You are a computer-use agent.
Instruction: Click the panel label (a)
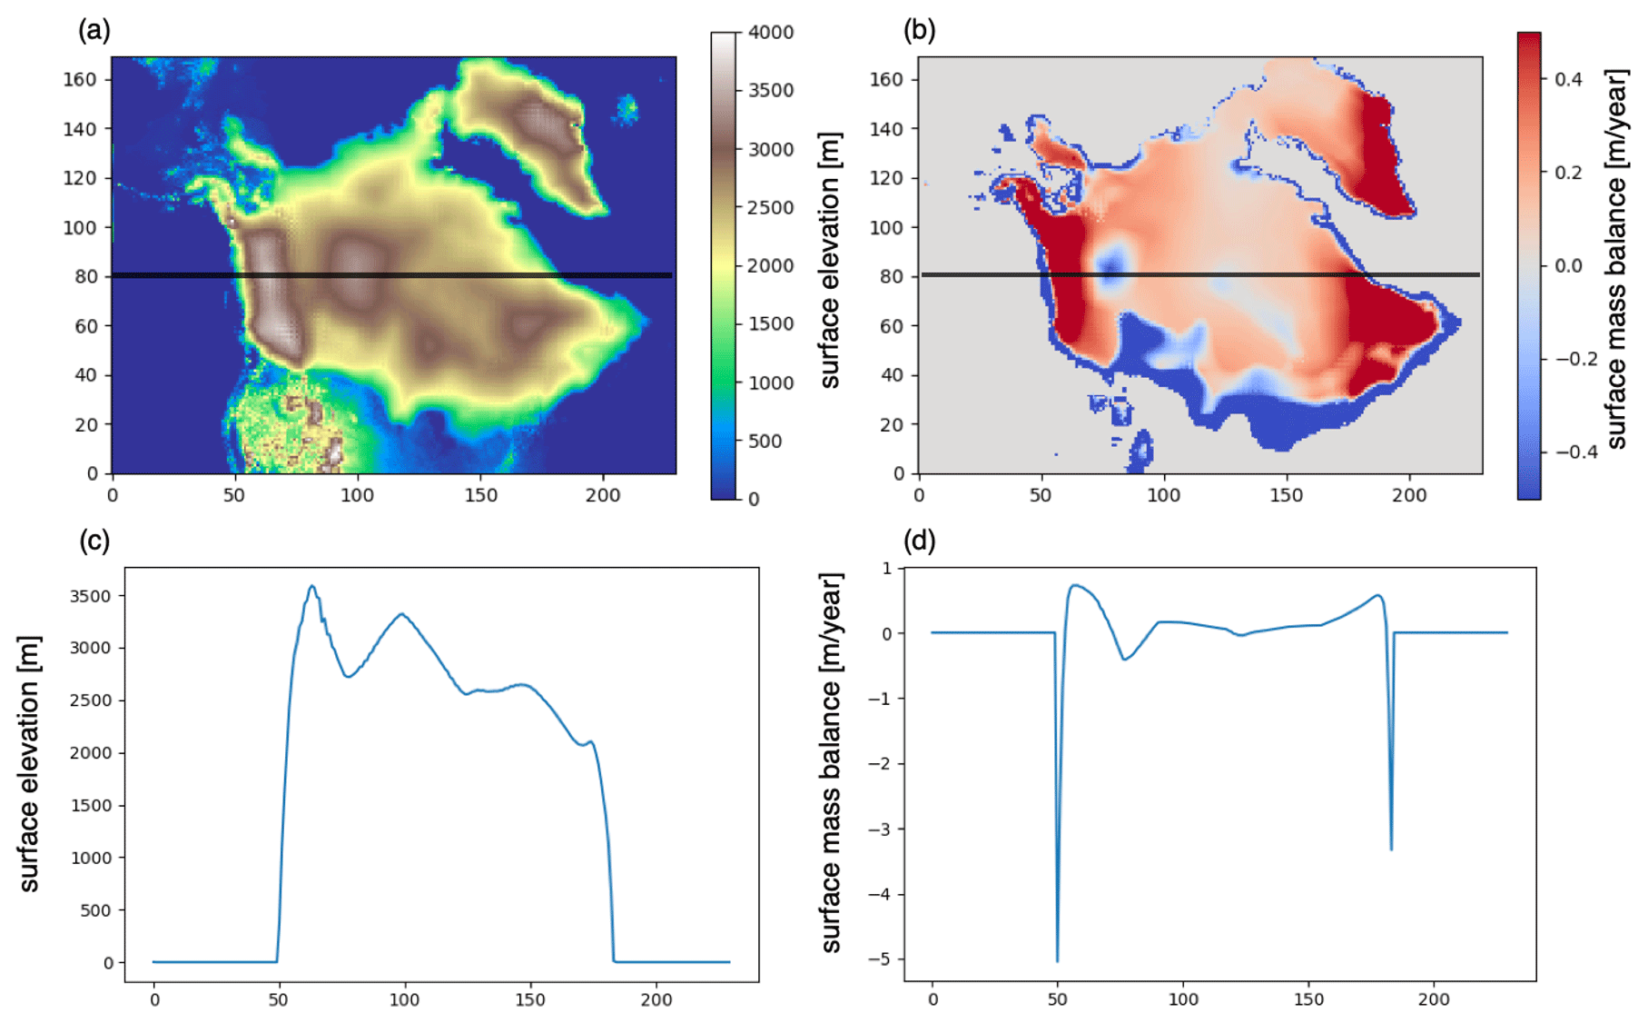click(94, 31)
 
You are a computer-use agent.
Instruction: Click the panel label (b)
click(919, 31)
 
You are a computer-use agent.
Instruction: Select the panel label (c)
click(94, 541)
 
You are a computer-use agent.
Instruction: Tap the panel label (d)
click(919, 541)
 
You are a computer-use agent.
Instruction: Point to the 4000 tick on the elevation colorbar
click(770, 33)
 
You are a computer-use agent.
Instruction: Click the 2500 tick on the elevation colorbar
click(770, 207)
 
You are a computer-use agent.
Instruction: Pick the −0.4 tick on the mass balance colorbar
click(1575, 452)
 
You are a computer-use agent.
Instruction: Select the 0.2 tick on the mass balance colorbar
click(1568, 173)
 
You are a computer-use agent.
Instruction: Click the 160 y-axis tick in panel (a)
click(80, 79)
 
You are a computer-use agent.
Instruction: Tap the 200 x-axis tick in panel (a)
click(603, 495)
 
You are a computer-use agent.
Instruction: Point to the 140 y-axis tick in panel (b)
click(887, 129)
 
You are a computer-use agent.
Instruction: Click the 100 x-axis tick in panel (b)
click(1163, 495)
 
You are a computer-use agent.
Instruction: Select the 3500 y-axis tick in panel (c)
click(90, 596)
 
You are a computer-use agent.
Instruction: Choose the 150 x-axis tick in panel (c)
click(530, 1000)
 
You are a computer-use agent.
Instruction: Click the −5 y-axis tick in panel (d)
click(880, 959)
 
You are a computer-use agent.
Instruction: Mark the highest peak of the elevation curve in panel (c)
click(312, 586)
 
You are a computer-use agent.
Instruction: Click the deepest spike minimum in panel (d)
click(1058, 960)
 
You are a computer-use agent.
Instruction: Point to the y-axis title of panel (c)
click(29, 763)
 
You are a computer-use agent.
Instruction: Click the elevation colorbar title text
click(830, 262)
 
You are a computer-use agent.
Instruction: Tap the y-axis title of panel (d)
click(831, 763)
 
